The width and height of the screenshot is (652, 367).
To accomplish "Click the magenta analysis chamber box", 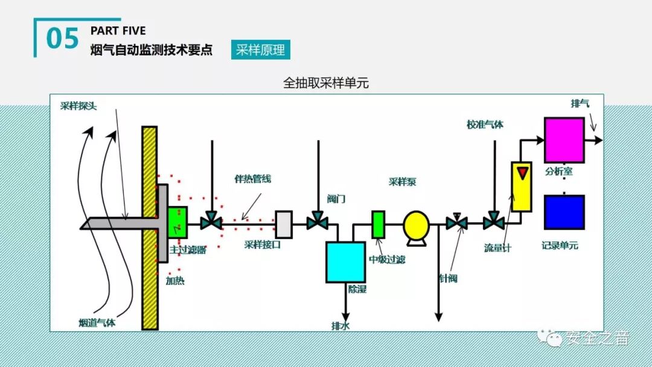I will click(564, 140).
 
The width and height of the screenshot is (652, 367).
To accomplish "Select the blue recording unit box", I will click(564, 212).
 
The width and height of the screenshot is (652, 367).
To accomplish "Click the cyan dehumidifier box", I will click(345, 262).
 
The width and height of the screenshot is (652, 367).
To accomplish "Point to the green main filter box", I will click(177, 222).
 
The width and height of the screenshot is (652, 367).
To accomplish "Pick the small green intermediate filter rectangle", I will click(378, 224).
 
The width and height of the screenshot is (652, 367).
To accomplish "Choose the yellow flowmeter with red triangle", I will click(521, 186).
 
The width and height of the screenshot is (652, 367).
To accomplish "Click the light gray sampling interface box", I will click(283, 223).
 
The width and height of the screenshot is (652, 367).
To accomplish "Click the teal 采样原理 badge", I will click(260, 50).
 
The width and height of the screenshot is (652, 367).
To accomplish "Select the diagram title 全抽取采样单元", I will click(326, 83).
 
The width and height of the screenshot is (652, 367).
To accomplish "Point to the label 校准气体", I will click(484, 125).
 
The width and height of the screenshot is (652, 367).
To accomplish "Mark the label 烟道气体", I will click(97, 322).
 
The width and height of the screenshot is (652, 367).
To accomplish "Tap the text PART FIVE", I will click(118, 31).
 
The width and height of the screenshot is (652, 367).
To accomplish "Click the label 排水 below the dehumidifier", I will click(340, 326).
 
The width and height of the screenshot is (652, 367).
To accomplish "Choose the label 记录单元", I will click(560, 246).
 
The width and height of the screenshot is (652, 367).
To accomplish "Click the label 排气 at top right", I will click(580, 103).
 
